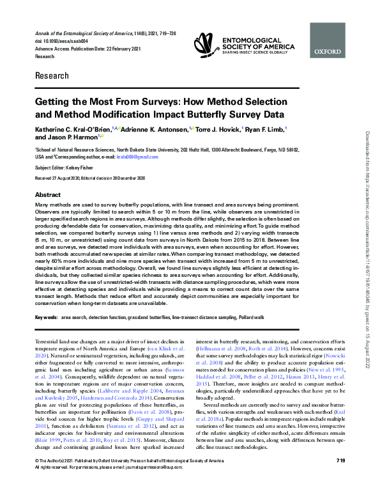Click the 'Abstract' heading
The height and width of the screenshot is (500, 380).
tap(48, 194)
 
